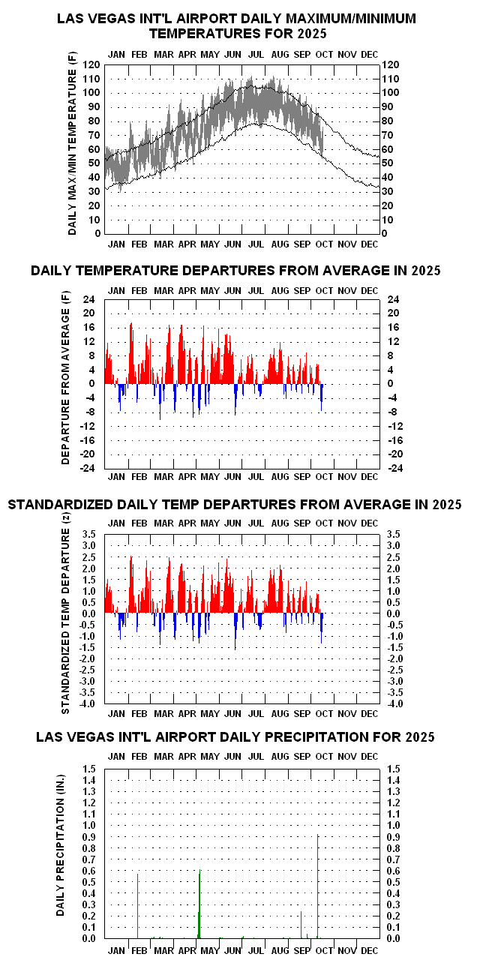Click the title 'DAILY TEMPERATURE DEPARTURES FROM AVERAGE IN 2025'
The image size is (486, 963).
[235, 271]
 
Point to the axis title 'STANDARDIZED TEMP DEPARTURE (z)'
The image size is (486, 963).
[66, 619]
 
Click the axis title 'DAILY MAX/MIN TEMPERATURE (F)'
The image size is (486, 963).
[72, 149]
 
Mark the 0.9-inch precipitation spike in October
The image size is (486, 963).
[318, 885]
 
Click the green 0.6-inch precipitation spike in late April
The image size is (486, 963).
[199, 904]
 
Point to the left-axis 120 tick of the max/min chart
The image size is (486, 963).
[94, 65]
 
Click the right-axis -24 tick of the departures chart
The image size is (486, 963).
[394, 468]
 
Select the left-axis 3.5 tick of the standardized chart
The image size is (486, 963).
[89, 534]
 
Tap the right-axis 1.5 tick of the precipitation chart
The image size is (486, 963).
[394, 769]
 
